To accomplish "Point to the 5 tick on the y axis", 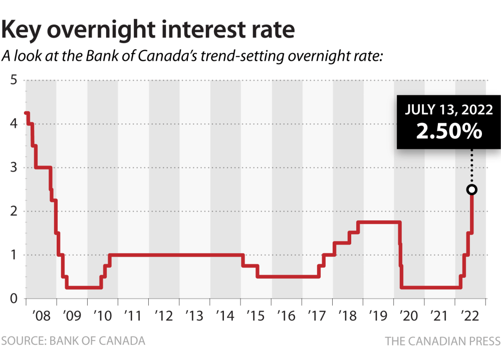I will coord(14,80).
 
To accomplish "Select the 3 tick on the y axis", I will coord(14,167).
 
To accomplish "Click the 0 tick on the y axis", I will coord(14,299).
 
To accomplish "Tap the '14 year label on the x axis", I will coord(224,316).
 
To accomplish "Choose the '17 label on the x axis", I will coord(317,316).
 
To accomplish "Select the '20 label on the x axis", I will coord(409,316).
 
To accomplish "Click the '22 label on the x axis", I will coord(469,316).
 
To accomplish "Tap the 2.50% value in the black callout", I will coord(448,131).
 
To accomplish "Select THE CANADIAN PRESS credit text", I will coord(442,341).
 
